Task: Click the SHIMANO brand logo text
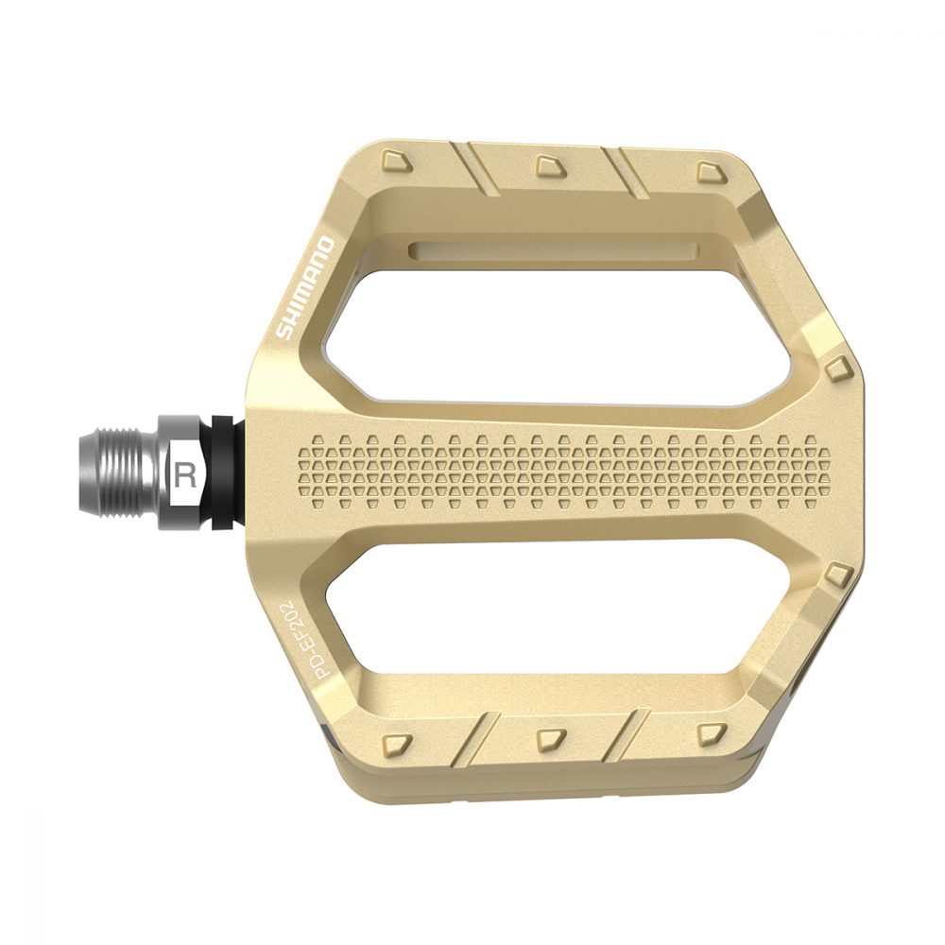pos(304,289)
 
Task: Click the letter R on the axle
pos(185,474)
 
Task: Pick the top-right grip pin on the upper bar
pos(710,171)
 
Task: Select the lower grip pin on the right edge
pos(834,574)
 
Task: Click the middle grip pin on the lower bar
pos(549,735)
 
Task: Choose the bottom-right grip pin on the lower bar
pos(710,733)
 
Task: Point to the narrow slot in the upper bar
pos(554,251)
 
